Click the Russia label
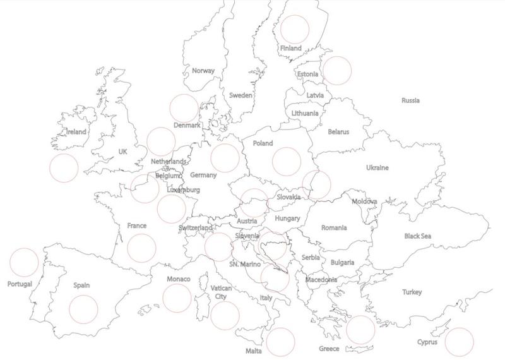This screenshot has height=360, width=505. click(410, 100)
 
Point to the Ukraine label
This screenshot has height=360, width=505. click(377, 167)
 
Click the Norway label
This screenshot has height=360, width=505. click(203, 71)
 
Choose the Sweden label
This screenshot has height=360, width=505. click(241, 95)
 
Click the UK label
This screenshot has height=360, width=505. click(122, 152)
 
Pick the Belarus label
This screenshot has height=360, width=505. click(338, 132)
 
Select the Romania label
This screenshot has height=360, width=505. click(334, 227)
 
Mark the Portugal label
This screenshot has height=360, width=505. click(20, 284)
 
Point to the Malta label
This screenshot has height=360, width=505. click(254, 351)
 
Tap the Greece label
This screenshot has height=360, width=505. click(329, 349)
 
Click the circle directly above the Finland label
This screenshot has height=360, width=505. click(295, 28)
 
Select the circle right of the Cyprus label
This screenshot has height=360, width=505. click(459, 342)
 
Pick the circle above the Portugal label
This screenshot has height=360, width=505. click(25, 262)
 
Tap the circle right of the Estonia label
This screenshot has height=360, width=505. click(336, 70)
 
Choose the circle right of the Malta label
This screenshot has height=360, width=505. click(280, 342)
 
